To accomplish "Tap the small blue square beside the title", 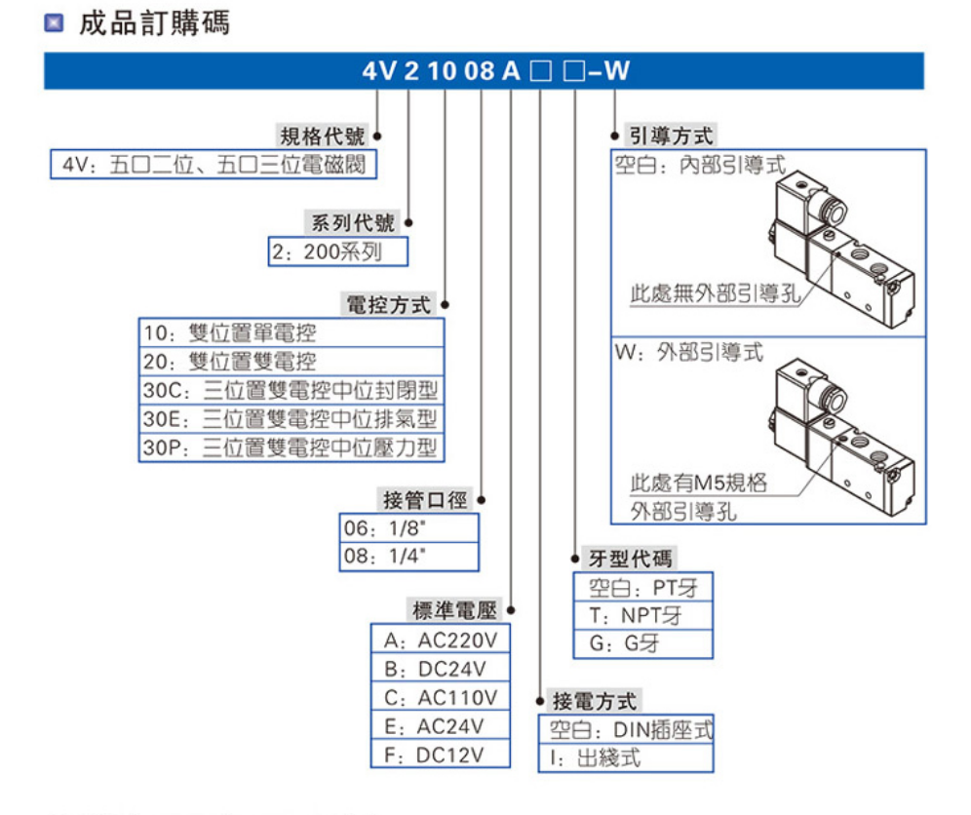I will pos(55,24).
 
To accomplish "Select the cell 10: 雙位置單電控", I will pos(291,333).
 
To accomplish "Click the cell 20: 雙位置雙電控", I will pos(291,362).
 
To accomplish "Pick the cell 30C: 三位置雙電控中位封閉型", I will pos(291,391).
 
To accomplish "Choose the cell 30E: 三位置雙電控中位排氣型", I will pos(291,419).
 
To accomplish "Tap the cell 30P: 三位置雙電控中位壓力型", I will pos(291,448).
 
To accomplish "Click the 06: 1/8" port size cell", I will pos(408,528).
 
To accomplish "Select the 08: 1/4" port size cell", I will pos(408,557).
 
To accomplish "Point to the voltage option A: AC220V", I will pos(441,640).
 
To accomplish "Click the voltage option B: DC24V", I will pos(441,669).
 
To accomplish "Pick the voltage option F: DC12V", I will pos(441,754).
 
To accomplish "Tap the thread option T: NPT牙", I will pos(643,615).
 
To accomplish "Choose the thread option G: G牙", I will pos(643,643).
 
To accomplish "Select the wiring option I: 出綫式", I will pos(626,757).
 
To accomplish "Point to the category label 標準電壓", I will pos(454,611).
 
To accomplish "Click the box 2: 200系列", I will pos(337,252).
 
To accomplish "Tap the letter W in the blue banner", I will pos(618,71).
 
